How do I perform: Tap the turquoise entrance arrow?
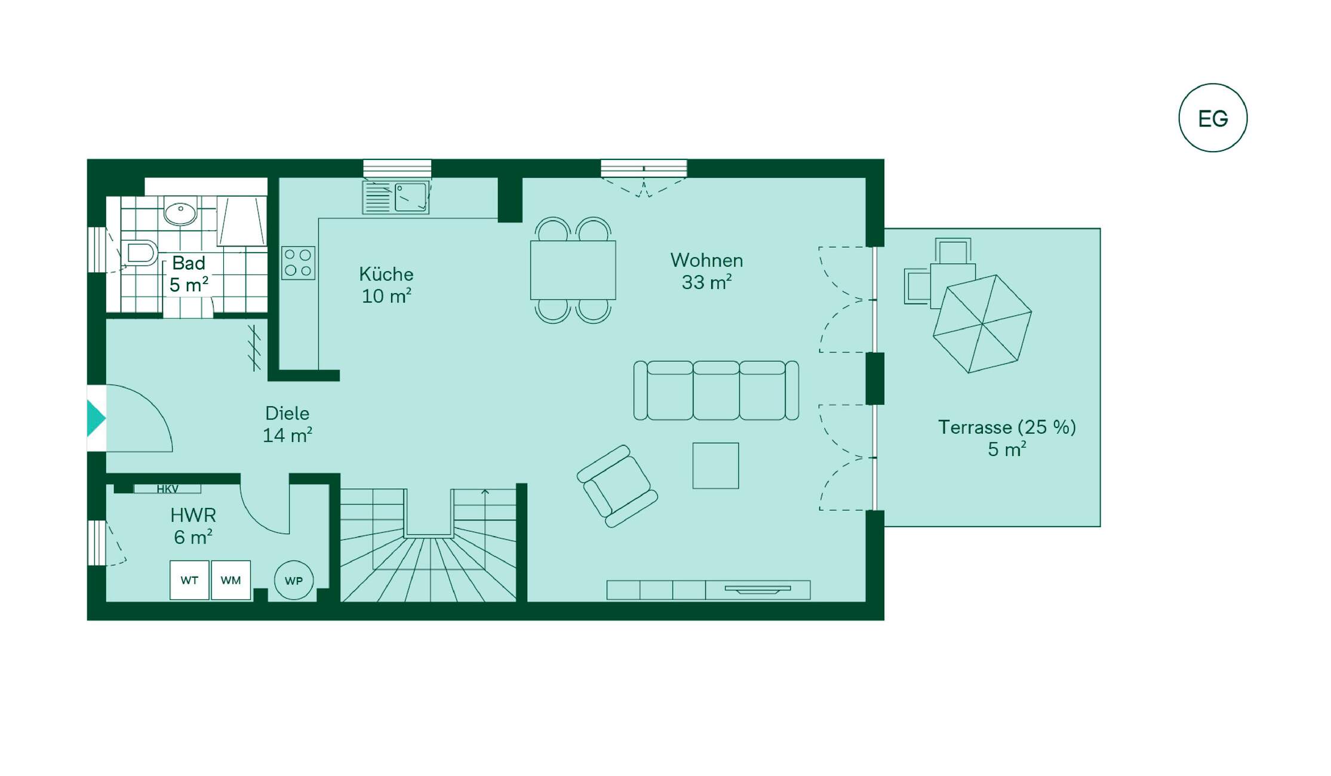coord(96,418)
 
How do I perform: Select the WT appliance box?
coord(189,580)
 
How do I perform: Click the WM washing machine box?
coord(230,580)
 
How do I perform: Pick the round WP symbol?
coord(294,580)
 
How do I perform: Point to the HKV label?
coord(168,489)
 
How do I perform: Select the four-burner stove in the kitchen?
coord(298,263)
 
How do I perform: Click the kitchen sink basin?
coord(411,197)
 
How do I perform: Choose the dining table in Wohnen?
coord(573,270)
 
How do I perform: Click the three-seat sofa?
coord(716,390)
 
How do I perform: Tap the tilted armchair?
coord(617,486)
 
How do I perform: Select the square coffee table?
coord(715,466)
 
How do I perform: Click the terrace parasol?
coord(982,324)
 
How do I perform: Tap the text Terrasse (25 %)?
coord(1007,427)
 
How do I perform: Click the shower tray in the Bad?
coord(242,221)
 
